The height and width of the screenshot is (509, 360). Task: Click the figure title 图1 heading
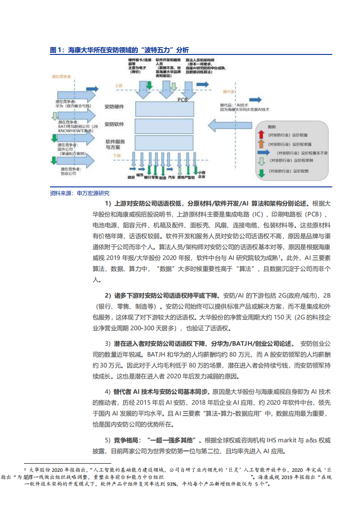coord(119,50)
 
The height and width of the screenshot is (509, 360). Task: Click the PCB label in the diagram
coord(182,99)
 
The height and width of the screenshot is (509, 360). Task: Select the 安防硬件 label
coord(114,106)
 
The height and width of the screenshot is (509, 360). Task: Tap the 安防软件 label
coord(114,124)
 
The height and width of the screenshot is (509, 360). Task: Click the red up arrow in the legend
coord(261,135)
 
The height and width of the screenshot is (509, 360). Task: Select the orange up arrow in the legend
coord(261,144)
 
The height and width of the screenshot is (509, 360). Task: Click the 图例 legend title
coord(272,127)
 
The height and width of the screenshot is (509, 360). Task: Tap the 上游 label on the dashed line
coord(119,85)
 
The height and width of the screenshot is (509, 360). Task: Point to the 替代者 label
coord(228,91)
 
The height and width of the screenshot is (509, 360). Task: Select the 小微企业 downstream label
coord(202,175)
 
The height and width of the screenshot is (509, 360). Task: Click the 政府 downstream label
coord(131,177)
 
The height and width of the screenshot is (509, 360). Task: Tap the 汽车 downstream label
coord(171,177)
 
